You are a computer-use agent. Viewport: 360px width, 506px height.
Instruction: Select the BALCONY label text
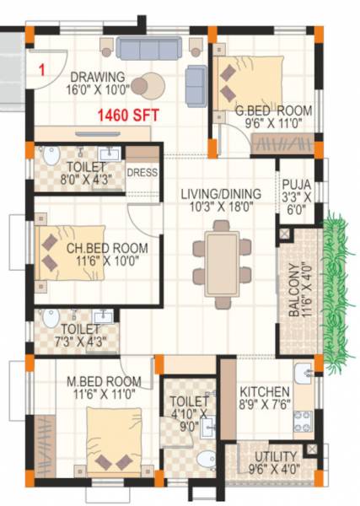293,292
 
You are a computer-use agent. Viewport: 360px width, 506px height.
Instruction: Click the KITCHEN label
265,392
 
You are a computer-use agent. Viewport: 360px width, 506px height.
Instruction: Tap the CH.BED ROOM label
107,249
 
